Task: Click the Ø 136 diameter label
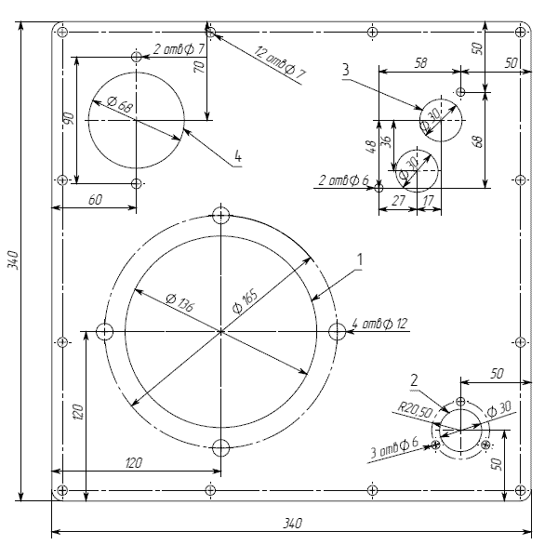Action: (x=180, y=302)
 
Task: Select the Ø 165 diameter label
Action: (x=246, y=301)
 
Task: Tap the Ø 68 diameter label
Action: (x=120, y=104)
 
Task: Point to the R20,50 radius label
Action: (x=415, y=410)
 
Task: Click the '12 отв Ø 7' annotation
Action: (x=280, y=63)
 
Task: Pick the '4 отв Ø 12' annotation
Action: (x=379, y=324)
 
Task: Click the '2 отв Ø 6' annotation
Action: (x=343, y=180)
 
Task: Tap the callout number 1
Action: (x=360, y=259)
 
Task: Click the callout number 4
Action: (x=238, y=156)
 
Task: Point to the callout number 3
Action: (x=345, y=70)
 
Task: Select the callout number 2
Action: (x=414, y=380)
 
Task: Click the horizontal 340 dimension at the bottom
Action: (x=293, y=524)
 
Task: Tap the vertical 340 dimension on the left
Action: (x=13, y=260)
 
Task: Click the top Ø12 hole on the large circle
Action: (x=220, y=216)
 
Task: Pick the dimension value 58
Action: (x=420, y=63)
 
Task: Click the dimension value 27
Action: (x=398, y=201)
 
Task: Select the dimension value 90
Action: (x=69, y=118)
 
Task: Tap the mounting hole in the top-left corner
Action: (x=62, y=32)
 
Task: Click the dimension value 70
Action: (x=200, y=67)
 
